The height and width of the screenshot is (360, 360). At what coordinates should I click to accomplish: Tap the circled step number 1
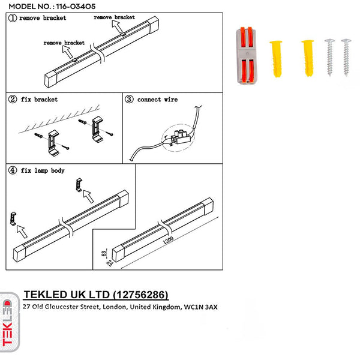pyautogui.click(x=13, y=19)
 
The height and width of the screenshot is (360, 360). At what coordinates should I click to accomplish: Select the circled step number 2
pyautogui.click(x=13, y=99)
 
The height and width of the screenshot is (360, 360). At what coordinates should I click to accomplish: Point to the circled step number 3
pyautogui.click(x=128, y=99)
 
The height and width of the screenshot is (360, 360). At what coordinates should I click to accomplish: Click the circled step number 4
pyautogui.click(x=13, y=170)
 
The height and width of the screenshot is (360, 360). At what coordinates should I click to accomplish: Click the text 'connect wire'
pyautogui.click(x=157, y=99)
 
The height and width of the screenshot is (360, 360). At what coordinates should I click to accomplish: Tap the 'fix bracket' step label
pyautogui.click(x=39, y=99)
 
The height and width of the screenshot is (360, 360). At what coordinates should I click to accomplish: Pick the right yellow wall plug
pyautogui.click(x=307, y=57)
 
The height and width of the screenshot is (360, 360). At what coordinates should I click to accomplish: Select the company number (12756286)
pyautogui.click(x=139, y=295)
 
